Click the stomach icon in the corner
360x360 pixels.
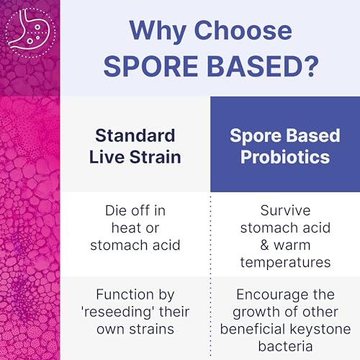pos(29,30)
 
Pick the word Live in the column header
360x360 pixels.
pos(109,158)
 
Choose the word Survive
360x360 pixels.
pos(284,212)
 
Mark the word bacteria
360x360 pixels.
pos(284,347)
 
